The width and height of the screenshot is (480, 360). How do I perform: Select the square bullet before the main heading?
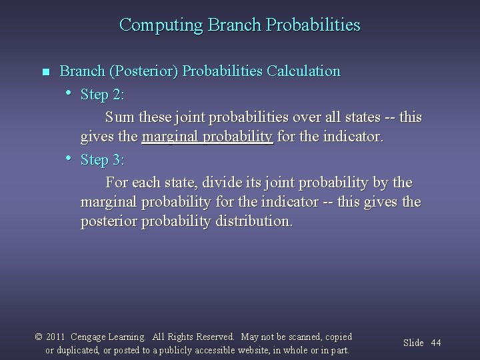[x=45, y=72]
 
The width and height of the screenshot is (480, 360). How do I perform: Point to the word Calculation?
[x=303, y=71]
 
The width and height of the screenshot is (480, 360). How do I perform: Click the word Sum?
[x=119, y=117]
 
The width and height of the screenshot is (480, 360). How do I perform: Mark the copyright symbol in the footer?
[x=38, y=337]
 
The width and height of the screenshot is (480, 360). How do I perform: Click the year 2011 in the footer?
[x=55, y=337]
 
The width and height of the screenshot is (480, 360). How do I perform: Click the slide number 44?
[x=436, y=343]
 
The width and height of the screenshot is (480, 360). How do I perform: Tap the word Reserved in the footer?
[x=215, y=337]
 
